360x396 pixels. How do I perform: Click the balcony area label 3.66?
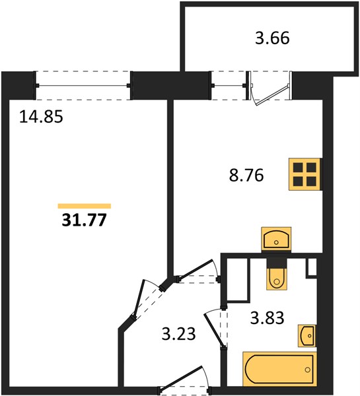coord(272,38)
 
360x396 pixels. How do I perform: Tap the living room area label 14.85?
coord(41,117)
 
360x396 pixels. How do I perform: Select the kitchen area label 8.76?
coord(246,175)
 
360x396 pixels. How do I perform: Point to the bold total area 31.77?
coord(84,220)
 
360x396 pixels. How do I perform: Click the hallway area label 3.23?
coord(178,333)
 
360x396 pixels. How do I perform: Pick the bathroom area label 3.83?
coord(268,317)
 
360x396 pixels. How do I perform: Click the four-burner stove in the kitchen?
coord(305,174)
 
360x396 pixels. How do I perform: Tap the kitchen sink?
coord(276,239)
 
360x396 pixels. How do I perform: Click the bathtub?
coord(279,370)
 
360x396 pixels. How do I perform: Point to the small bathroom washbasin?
coord(307,336)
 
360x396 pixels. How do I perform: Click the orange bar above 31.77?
coord(85,206)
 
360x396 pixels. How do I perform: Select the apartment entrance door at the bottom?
coord(182,380)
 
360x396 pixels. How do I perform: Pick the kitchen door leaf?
coord(195,269)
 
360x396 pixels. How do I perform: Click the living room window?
coord(83,86)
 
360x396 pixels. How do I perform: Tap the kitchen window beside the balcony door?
coord(229,86)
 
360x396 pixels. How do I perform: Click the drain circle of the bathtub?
coord(307,370)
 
